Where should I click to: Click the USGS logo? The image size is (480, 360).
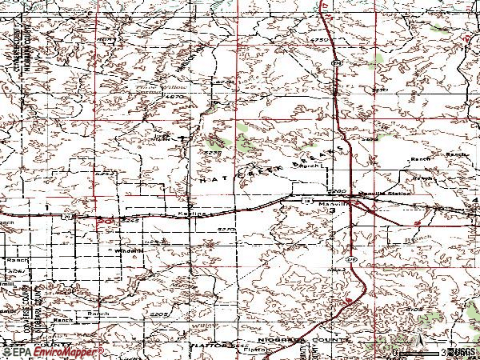tap(460, 352)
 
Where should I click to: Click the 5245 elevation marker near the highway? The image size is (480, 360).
tap(132, 218)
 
